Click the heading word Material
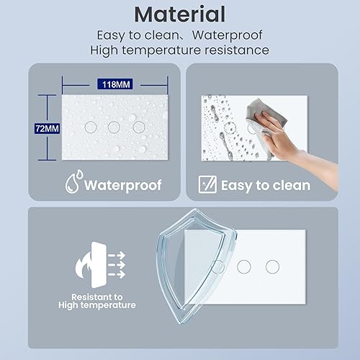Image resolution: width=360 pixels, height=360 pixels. point(180,14)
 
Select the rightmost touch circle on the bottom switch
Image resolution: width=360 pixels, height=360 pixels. point(271,266)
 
